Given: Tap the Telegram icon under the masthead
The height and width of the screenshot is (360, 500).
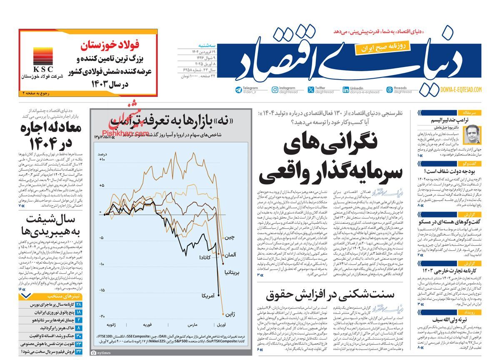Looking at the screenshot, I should click(239, 90).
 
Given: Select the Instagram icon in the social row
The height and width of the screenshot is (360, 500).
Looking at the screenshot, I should click(275, 90).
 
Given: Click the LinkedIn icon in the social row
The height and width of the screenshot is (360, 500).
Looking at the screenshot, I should click(346, 90).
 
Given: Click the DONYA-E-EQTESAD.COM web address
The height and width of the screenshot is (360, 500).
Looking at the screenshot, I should click(461, 90).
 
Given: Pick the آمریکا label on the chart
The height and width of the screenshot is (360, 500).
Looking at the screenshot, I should click(208, 295).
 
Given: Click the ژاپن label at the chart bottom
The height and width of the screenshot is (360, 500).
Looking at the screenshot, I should click(230, 314).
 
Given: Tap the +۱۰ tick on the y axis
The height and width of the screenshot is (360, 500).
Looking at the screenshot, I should click(101, 160).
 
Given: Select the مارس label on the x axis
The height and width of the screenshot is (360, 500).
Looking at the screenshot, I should click(192, 324).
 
